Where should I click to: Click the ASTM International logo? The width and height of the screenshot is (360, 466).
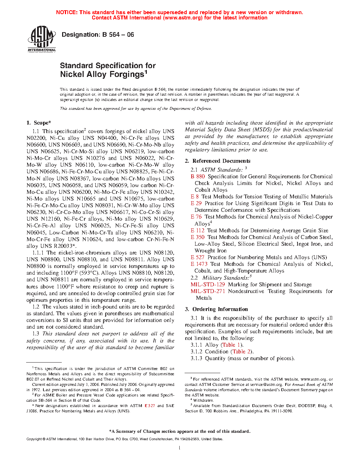(42, 39)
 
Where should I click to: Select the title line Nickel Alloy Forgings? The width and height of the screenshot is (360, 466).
(103, 74)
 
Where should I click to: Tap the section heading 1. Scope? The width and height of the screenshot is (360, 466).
(39, 123)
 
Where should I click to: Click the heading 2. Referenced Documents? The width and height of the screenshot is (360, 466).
(218, 161)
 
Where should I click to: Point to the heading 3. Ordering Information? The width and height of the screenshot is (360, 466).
(216, 309)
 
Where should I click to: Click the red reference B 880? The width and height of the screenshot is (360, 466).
(198, 177)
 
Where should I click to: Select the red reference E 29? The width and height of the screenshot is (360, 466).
(196, 203)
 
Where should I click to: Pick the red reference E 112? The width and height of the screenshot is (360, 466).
(198, 231)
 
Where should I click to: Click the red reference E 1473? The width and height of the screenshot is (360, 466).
(199, 264)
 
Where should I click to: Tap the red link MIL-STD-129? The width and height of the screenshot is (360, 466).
(208, 285)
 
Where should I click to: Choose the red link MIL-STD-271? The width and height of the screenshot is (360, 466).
(208, 291)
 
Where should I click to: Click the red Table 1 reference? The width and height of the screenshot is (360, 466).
(231, 345)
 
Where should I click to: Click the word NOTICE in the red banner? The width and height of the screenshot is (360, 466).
(67, 12)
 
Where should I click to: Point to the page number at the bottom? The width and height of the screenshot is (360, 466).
(180, 448)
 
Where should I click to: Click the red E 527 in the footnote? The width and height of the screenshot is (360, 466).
(150, 406)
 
